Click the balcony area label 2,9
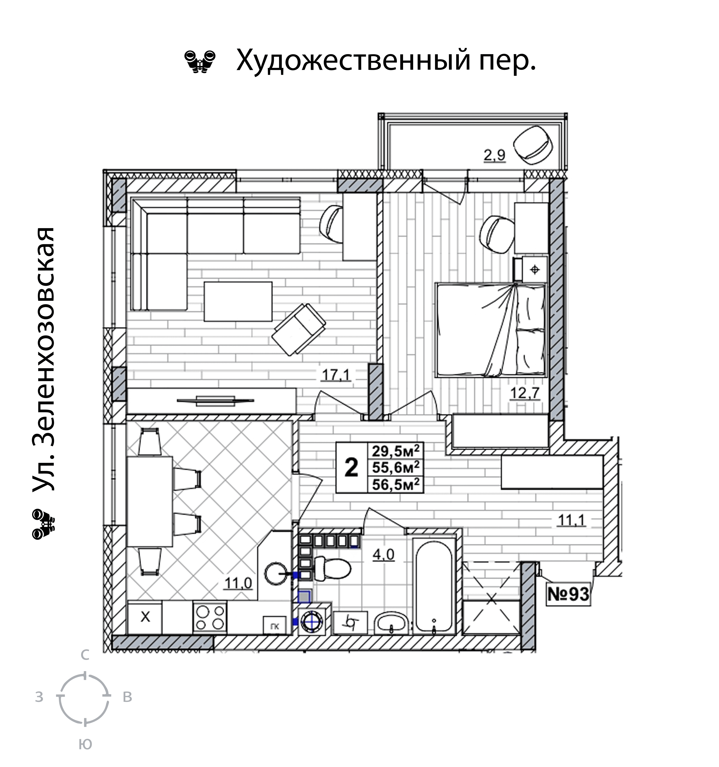coord(494,156)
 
